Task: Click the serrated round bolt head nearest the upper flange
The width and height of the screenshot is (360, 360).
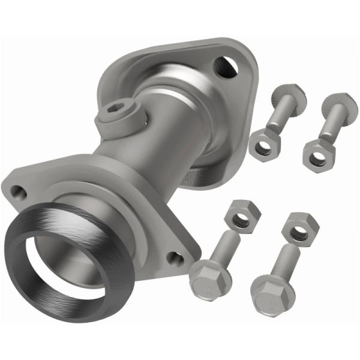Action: click(x=289, y=96)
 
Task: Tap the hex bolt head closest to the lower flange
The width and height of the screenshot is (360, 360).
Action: click(x=208, y=280)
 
